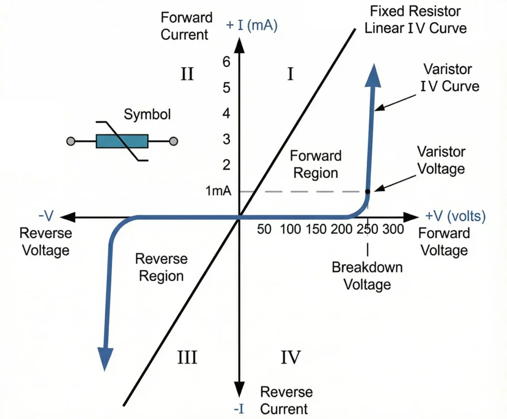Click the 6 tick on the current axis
coord(226,62)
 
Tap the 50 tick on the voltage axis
coord(264,230)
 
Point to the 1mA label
coord(218,191)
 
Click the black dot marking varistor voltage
coord(367,191)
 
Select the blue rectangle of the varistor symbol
coord(122,141)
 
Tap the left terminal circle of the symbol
coord(70,141)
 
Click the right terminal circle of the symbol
coord(173,141)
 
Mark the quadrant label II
coord(187,75)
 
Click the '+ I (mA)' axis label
coord(252,25)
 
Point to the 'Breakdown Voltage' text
coord(367,276)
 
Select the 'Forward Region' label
coord(315,164)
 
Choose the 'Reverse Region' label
coord(161,267)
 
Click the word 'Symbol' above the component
coord(147,115)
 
